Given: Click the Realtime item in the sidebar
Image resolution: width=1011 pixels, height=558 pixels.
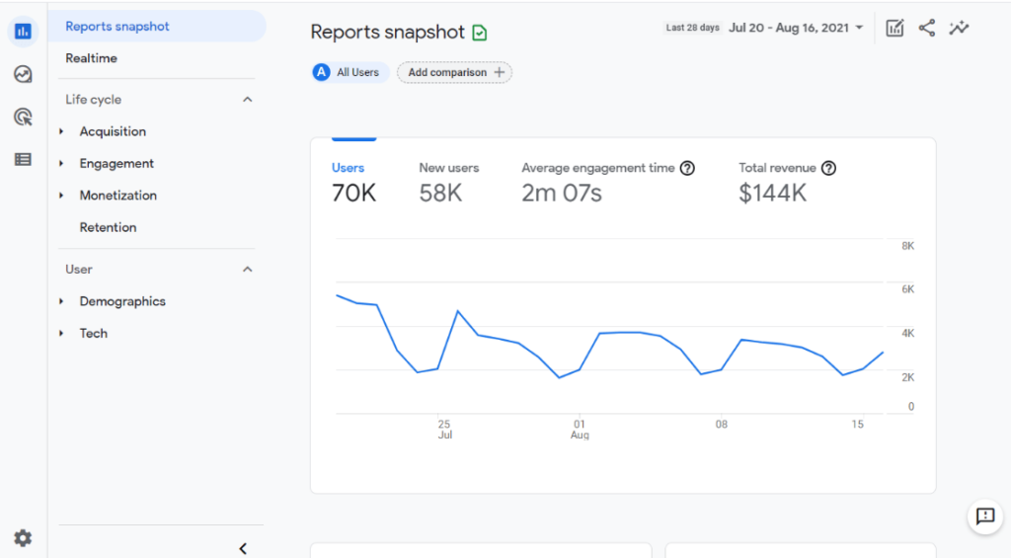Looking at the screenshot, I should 91,58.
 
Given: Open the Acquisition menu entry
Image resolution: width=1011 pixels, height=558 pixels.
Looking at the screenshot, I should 113,131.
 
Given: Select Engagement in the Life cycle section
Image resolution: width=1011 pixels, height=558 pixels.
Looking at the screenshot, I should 117,164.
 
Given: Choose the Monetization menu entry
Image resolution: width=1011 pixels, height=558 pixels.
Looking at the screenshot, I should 117,196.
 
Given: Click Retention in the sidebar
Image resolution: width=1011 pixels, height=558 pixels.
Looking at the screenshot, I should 108,227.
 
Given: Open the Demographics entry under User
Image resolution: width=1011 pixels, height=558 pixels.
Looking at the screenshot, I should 122,301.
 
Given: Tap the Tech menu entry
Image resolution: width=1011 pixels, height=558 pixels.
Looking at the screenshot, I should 94,334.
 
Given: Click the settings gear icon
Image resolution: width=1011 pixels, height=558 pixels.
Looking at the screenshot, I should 23,538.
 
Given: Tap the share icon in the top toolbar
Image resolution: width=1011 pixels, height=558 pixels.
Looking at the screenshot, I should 926,28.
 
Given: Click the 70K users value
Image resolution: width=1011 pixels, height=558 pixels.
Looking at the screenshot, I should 353,193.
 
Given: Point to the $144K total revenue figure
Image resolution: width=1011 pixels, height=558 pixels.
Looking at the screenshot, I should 772,193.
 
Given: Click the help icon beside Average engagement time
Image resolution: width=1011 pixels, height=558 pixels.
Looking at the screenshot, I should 687,168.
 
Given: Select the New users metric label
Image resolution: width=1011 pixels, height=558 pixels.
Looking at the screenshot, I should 448,168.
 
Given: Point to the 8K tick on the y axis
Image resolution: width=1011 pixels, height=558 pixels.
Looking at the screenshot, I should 907,246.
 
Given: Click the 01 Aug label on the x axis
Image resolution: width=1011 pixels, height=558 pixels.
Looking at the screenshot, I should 580,429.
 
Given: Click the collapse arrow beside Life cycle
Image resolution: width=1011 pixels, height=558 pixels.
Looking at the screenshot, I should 248,100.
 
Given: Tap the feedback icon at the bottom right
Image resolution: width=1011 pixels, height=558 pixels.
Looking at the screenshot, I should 984,516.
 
